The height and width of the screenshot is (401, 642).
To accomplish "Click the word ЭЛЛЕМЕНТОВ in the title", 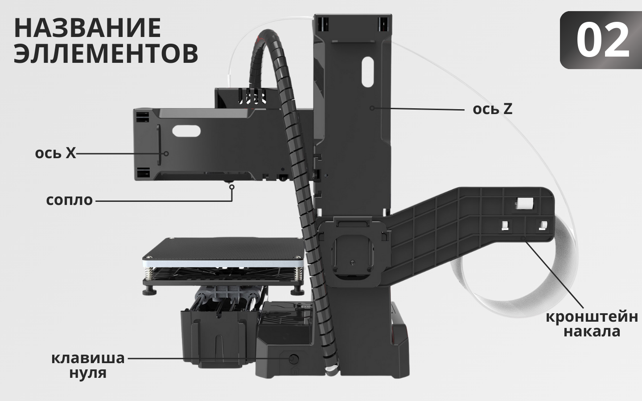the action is pos(106,53).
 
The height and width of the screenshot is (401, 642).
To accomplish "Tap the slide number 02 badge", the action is pos(602,40).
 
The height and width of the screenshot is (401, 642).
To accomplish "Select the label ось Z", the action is pos(492,109).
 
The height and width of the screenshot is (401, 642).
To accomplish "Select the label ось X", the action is pos(55,153).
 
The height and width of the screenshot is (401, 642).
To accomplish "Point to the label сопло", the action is pos(70,200).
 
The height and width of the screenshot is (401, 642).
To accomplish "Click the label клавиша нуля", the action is pos(88,365).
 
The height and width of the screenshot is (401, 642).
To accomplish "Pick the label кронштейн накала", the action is pos(592,324).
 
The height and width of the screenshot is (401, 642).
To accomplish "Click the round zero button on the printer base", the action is pos(294,358).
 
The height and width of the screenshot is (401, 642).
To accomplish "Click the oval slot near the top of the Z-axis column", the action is pos(366,71).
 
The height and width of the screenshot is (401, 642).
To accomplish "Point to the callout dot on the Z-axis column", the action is pos(372,108).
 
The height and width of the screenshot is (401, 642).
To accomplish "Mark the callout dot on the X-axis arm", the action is pos(166,153).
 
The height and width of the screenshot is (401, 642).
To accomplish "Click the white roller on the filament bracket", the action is pos(523,204).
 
